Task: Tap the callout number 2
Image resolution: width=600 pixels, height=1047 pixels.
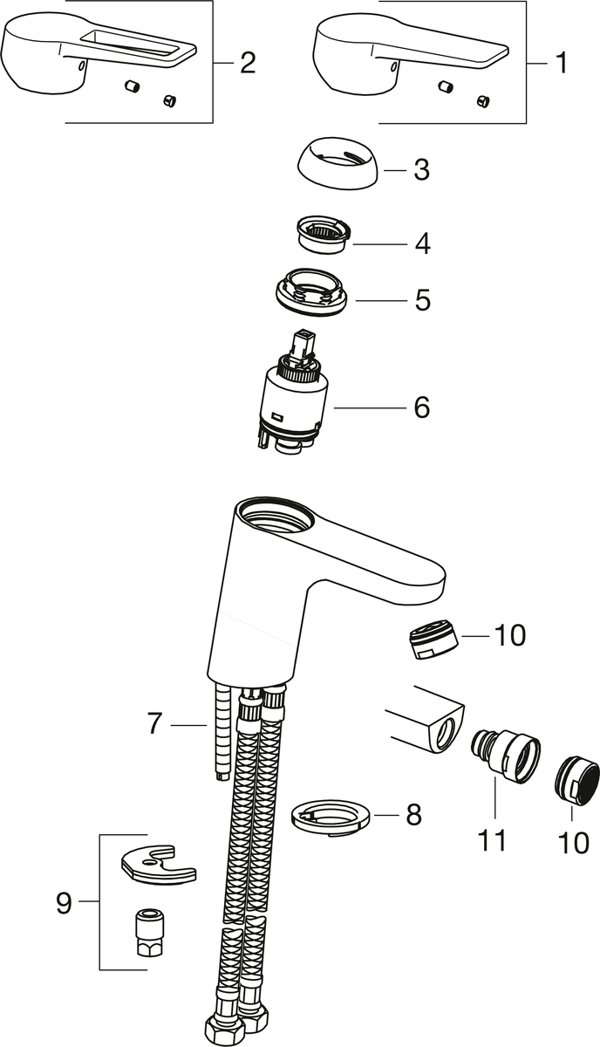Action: pyautogui.click(x=248, y=63)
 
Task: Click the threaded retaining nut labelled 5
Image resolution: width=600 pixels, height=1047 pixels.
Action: pyautogui.click(x=311, y=292)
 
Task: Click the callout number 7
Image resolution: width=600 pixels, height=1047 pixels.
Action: pyautogui.click(x=154, y=723)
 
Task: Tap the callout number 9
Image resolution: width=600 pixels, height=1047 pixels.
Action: pyautogui.click(x=64, y=902)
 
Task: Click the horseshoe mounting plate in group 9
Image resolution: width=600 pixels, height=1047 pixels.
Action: pyautogui.click(x=158, y=862)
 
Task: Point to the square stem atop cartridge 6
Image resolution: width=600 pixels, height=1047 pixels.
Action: pyautogui.click(x=302, y=345)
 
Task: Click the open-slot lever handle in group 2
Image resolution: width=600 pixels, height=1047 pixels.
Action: pyautogui.click(x=99, y=52)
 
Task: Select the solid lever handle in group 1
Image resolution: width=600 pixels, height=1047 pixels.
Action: pyautogui.click(x=412, y=52)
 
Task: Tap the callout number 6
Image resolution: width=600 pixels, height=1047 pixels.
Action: pyautogui.click(x=421, y=407)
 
